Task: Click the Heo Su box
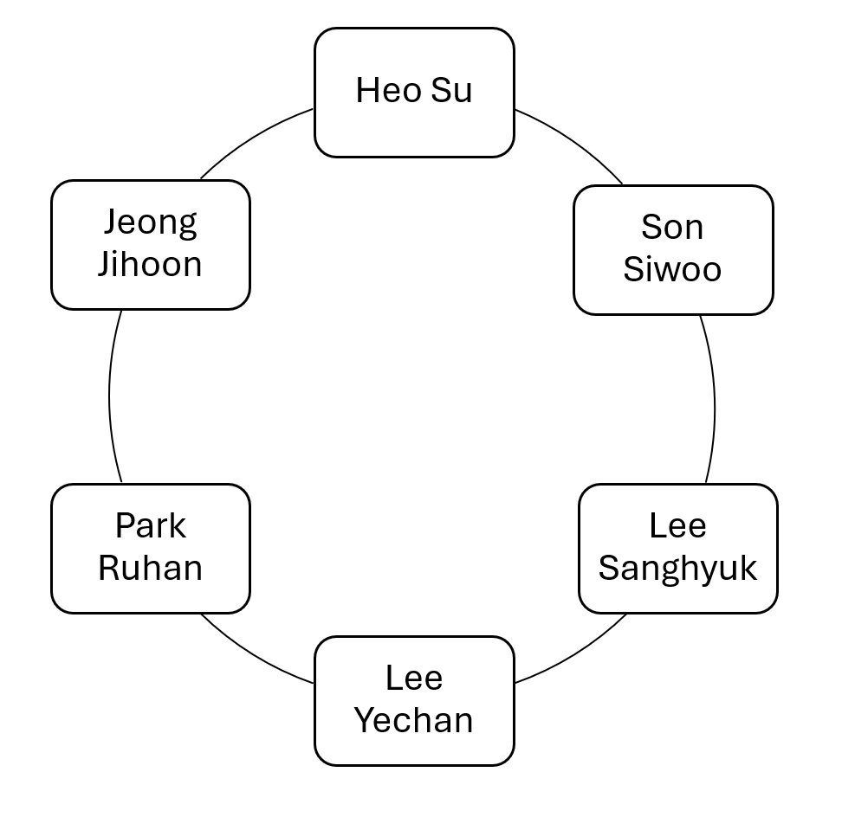(414, 93)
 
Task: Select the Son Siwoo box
(672, 249)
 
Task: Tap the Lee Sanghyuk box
(677, 548)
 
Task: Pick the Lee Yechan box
(414, 700)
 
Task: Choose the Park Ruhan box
(151, 548)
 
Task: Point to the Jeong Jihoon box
(151, 244)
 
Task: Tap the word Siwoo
(672, 269)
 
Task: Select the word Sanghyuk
(677, 569)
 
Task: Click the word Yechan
(414, 720)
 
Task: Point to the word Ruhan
(151, 569)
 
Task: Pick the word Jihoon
(151, 264)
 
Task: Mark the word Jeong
(151, 223)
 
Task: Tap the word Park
(151, 526)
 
